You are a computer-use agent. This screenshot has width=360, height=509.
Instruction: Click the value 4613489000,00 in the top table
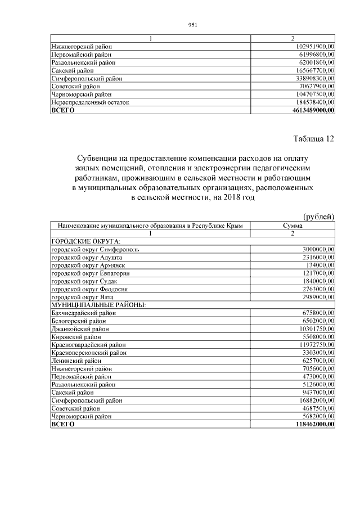310,111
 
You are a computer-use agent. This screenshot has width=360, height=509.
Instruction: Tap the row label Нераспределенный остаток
90,103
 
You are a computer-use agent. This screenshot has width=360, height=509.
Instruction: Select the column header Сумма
292,225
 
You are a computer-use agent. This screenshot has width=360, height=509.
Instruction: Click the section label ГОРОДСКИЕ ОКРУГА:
82,241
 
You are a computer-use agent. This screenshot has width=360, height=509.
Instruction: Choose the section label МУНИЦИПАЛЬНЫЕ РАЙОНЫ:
98,304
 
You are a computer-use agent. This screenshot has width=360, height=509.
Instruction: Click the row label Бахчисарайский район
84,312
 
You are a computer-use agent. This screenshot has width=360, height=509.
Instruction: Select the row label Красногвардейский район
88,344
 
